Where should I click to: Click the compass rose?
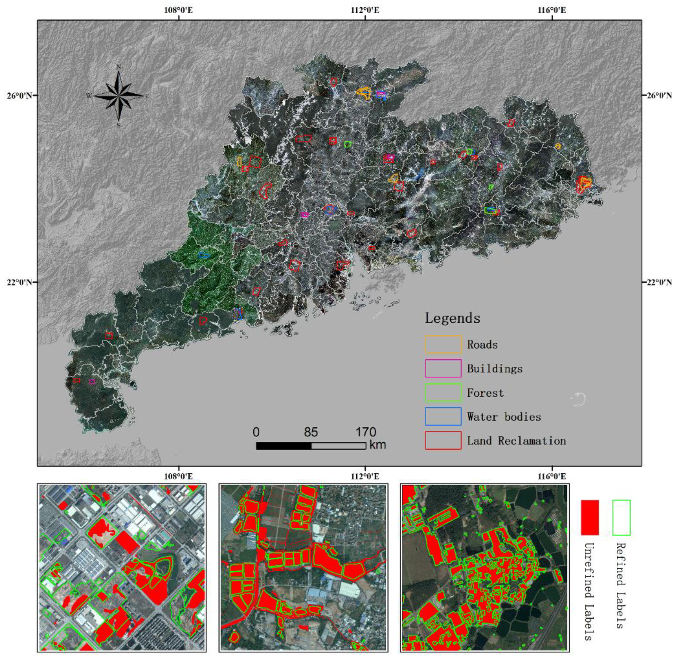pyautogui.click(x=118, y=95)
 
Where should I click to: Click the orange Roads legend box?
pyautogui.click(x=443, y=344)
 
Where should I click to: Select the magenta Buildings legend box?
pyautogui.click(x=443, y=368)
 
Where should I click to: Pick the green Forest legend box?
pyautogui.click(x=443, y=392)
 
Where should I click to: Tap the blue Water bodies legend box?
pyautogui.click(x=443, y=416)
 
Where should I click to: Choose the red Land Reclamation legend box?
pyautogui.click(x=443, y=441)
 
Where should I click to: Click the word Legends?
pyautogui.click(x=453, y=318)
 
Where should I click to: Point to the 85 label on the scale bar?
pyautogui.click(x=311, y=432)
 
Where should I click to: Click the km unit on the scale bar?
pyautogui.click(x=378, y=445)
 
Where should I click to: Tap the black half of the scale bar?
pyautogui.click(x=283, y=446)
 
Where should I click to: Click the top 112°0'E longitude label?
pyautogui.click(x=365, y=10)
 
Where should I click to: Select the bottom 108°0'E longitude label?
pyautogui.click(x=178, y=476)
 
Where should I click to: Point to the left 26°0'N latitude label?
pyautogui.click(x=21, y=95)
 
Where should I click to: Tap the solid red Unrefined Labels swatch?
pyautogui.click(x=589, y=517)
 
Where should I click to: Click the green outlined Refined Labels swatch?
pyautogui.click(x=621, y=517)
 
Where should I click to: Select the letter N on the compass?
pyautogui.click(x=118, y=67)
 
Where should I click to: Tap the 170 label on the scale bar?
pyautogui.click(x=365, y=432)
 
